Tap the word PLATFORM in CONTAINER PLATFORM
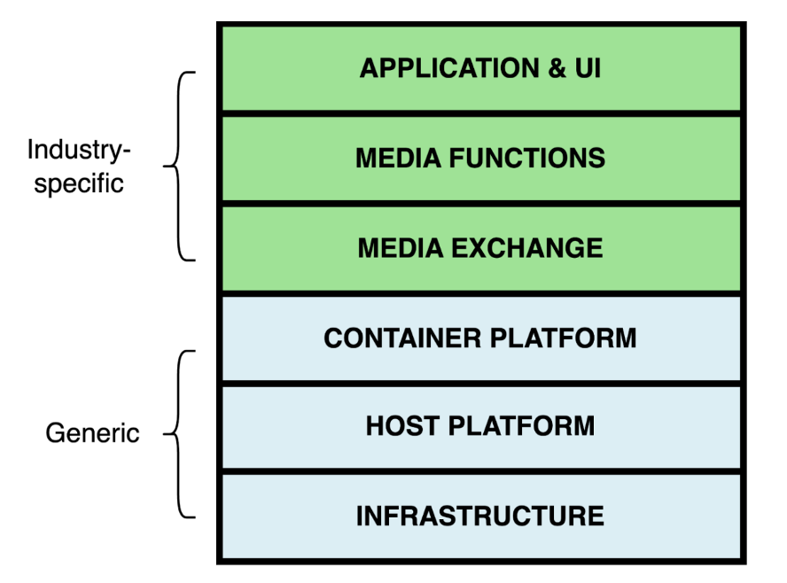pos(569,338)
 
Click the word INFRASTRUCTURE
pos(479,516)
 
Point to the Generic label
pos(92,433)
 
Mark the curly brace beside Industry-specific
pos(180,166)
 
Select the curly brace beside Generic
pos(180,433)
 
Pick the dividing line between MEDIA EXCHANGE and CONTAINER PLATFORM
pos(479,293)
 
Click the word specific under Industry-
pos(79,184)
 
